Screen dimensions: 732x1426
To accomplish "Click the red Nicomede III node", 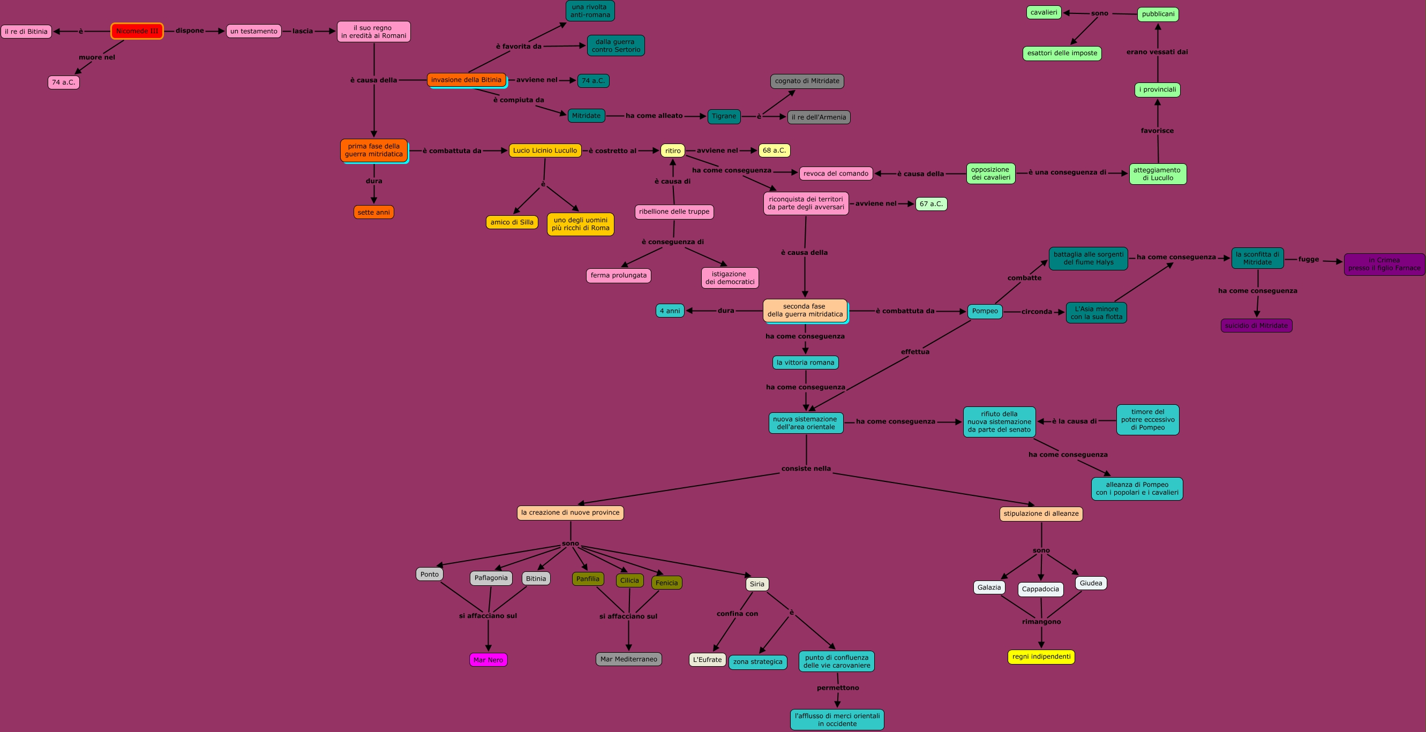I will coord(137,31).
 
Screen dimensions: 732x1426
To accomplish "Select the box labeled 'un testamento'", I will coord(253,31).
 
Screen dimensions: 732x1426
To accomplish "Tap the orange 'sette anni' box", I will coord(374,212).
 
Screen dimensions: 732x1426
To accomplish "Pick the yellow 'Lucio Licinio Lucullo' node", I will coord(545,150).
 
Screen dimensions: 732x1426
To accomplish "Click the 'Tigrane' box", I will coord(724,116).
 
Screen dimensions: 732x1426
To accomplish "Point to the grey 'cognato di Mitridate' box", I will coord(807,81).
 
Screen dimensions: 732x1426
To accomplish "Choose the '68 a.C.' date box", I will coord(774,150).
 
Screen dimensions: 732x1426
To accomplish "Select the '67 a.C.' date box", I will coord(931,204).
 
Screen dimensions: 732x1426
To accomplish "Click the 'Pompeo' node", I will coord(985,312).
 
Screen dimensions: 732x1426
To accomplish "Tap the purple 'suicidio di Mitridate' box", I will coord(1256,326).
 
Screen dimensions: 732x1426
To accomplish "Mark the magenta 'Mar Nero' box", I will coord(488,660).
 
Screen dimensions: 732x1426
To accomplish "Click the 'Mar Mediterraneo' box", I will coord(628,659).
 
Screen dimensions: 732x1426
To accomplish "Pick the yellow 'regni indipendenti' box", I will coord(1041,656).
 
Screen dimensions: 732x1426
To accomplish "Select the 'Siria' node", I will coord(757,584).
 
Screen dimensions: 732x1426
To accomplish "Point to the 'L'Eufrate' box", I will coord(707,660).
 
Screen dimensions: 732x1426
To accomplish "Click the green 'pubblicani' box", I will coord(1158,14).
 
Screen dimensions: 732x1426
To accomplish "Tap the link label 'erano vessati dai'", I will coord(1157,52).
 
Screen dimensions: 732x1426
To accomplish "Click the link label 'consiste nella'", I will coord(806,469).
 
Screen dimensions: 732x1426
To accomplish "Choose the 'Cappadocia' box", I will coord(1040,589).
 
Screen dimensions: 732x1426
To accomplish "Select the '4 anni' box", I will coord(670,311).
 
